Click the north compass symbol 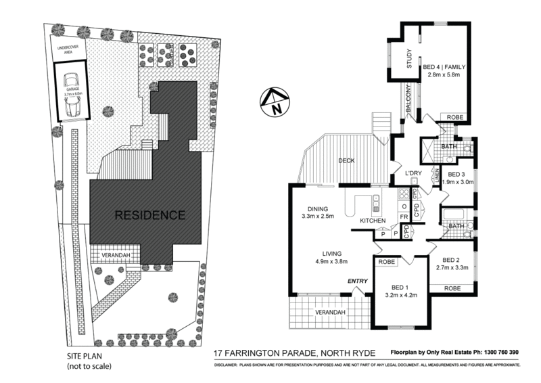coord(274,102)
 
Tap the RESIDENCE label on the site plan coord(149,216)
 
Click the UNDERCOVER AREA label coord(70,50)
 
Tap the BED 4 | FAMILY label coord(442,67)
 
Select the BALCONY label coord(408,100)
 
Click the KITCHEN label coord(373,221)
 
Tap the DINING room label coord(316,208)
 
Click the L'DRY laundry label coord(414,174)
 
